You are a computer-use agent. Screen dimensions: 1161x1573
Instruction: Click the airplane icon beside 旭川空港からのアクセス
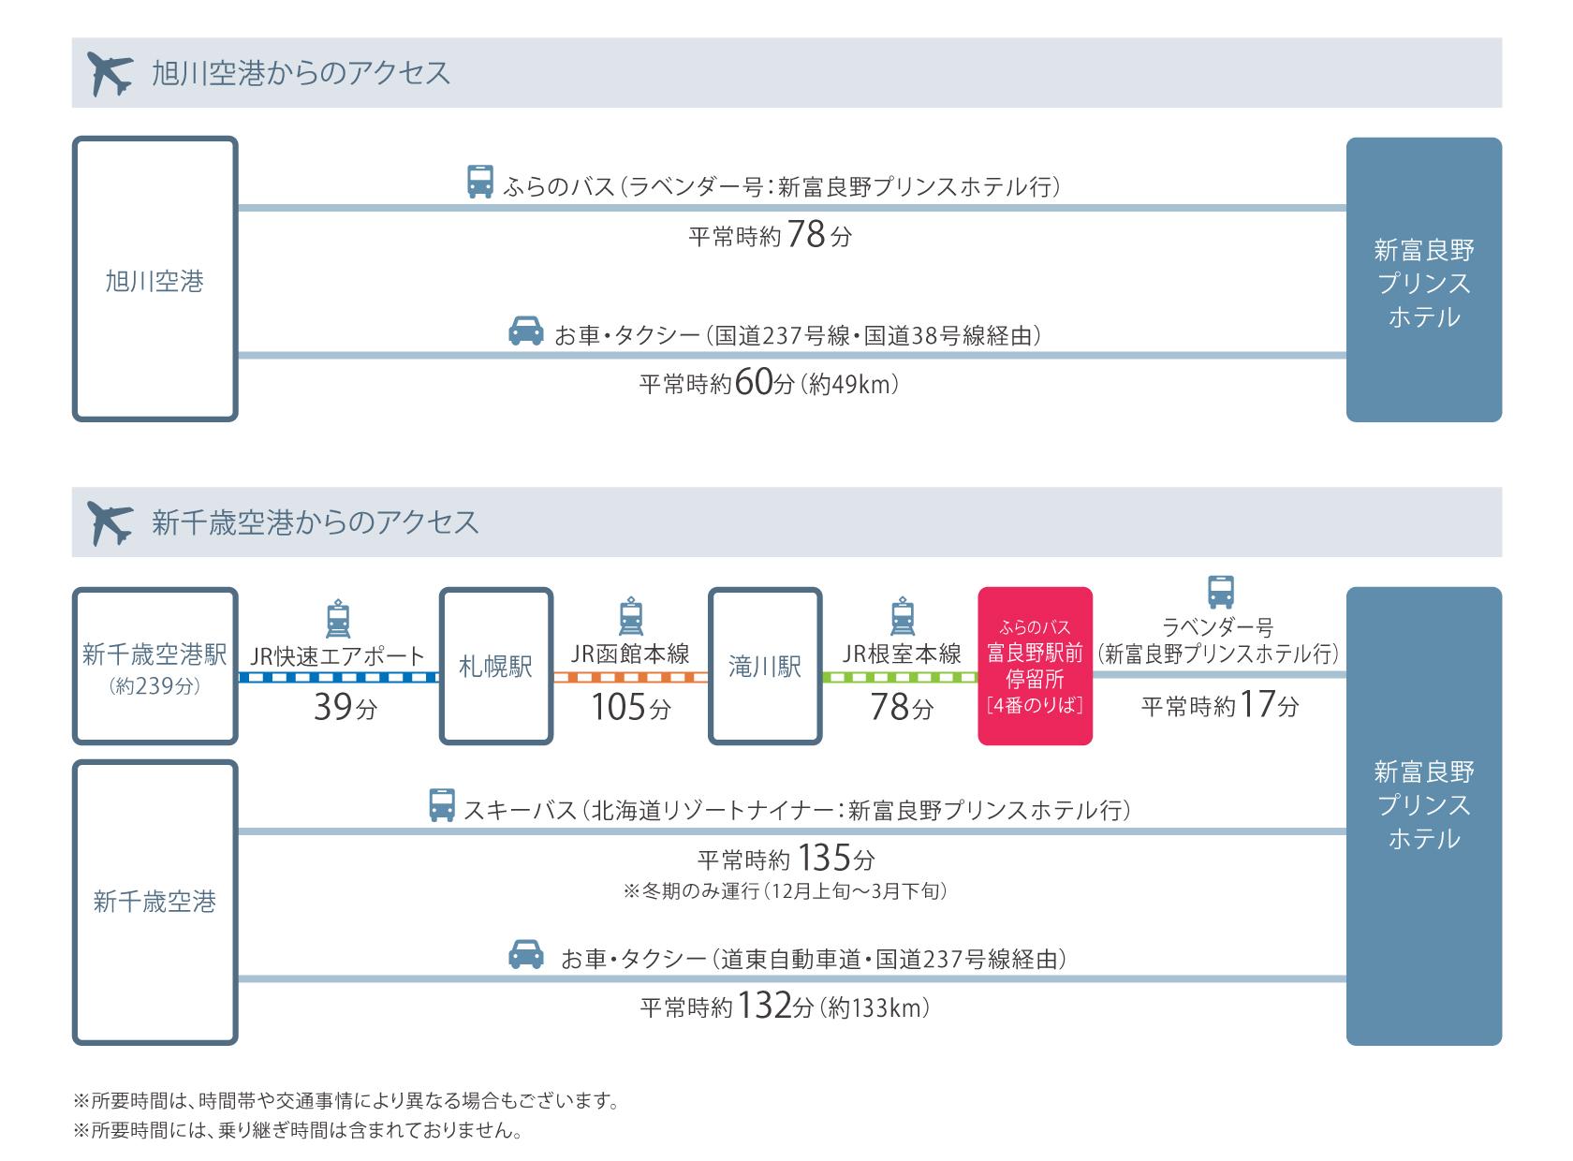[110, 73]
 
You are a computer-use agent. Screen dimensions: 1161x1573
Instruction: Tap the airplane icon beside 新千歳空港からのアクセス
[110, 522]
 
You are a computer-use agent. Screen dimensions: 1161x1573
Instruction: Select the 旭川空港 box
[154, 279]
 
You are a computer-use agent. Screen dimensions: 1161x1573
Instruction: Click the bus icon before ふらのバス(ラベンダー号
[480, 182]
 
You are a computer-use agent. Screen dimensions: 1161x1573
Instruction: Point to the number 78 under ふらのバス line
[806, 234]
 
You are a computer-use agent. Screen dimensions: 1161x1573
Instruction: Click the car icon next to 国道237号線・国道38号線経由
[526, 331]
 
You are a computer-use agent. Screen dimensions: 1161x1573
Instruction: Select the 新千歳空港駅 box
[154, 665]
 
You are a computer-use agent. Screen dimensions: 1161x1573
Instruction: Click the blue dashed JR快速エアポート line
[338, 677]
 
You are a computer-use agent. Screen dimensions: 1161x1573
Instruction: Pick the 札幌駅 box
[495, 666]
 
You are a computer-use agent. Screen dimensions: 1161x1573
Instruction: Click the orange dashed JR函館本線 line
[630, 677]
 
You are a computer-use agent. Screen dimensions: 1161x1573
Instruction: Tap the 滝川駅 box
[765, 666]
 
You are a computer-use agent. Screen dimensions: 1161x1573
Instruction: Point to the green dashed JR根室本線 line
[900, 677]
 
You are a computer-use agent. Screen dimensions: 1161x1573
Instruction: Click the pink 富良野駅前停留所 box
[1035, 666]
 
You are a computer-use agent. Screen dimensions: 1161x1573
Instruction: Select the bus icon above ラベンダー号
[1220, 592]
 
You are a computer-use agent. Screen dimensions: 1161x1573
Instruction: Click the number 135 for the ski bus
[825, 857]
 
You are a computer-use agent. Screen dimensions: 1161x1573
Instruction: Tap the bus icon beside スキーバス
[442, 805]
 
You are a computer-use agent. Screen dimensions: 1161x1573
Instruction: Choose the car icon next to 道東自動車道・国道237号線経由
[526, 954]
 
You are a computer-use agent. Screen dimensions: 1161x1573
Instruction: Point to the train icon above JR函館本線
[631, 616]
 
